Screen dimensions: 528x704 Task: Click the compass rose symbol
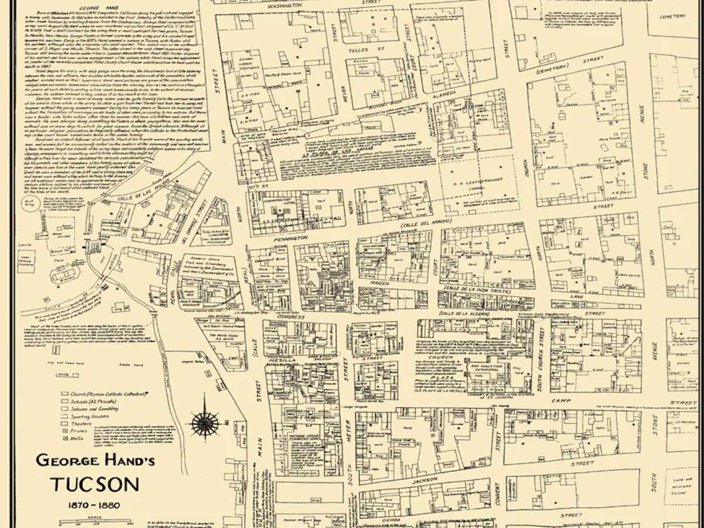click(x=205, y=421)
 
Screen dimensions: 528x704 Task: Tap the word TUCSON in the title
click(x=95, y=484)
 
